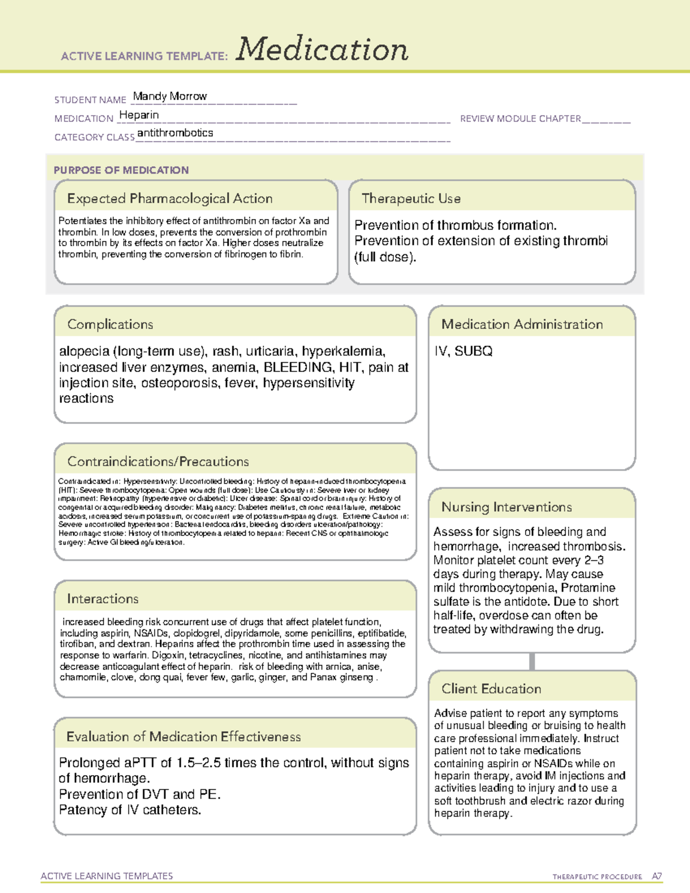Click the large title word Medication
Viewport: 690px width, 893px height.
click(322, 49)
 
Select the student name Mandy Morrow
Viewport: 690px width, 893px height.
click(170, 96)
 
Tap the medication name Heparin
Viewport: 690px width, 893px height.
click(139, 115)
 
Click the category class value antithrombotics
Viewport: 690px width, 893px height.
click(175, 133)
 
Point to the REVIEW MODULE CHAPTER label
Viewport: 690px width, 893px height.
click(520, 118)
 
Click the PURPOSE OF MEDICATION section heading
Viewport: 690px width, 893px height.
click(121, 170)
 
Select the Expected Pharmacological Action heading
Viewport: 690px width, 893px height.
click(170, 198)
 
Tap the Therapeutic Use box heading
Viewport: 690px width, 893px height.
click(411, 198)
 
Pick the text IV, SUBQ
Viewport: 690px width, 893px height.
click(463, 351)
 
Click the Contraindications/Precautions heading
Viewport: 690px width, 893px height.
click(158, 462)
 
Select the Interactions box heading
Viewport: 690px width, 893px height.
click(102, 599)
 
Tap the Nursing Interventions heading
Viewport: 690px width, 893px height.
click(506, 507)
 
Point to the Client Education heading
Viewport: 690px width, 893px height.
click(491, 689)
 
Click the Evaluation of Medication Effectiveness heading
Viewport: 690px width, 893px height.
click(183, 737)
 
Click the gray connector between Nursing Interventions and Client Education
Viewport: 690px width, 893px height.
click(532, 661)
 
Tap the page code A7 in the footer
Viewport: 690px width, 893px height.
click(656, 876)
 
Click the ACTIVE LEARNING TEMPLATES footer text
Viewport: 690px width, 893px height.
click(106, 876)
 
